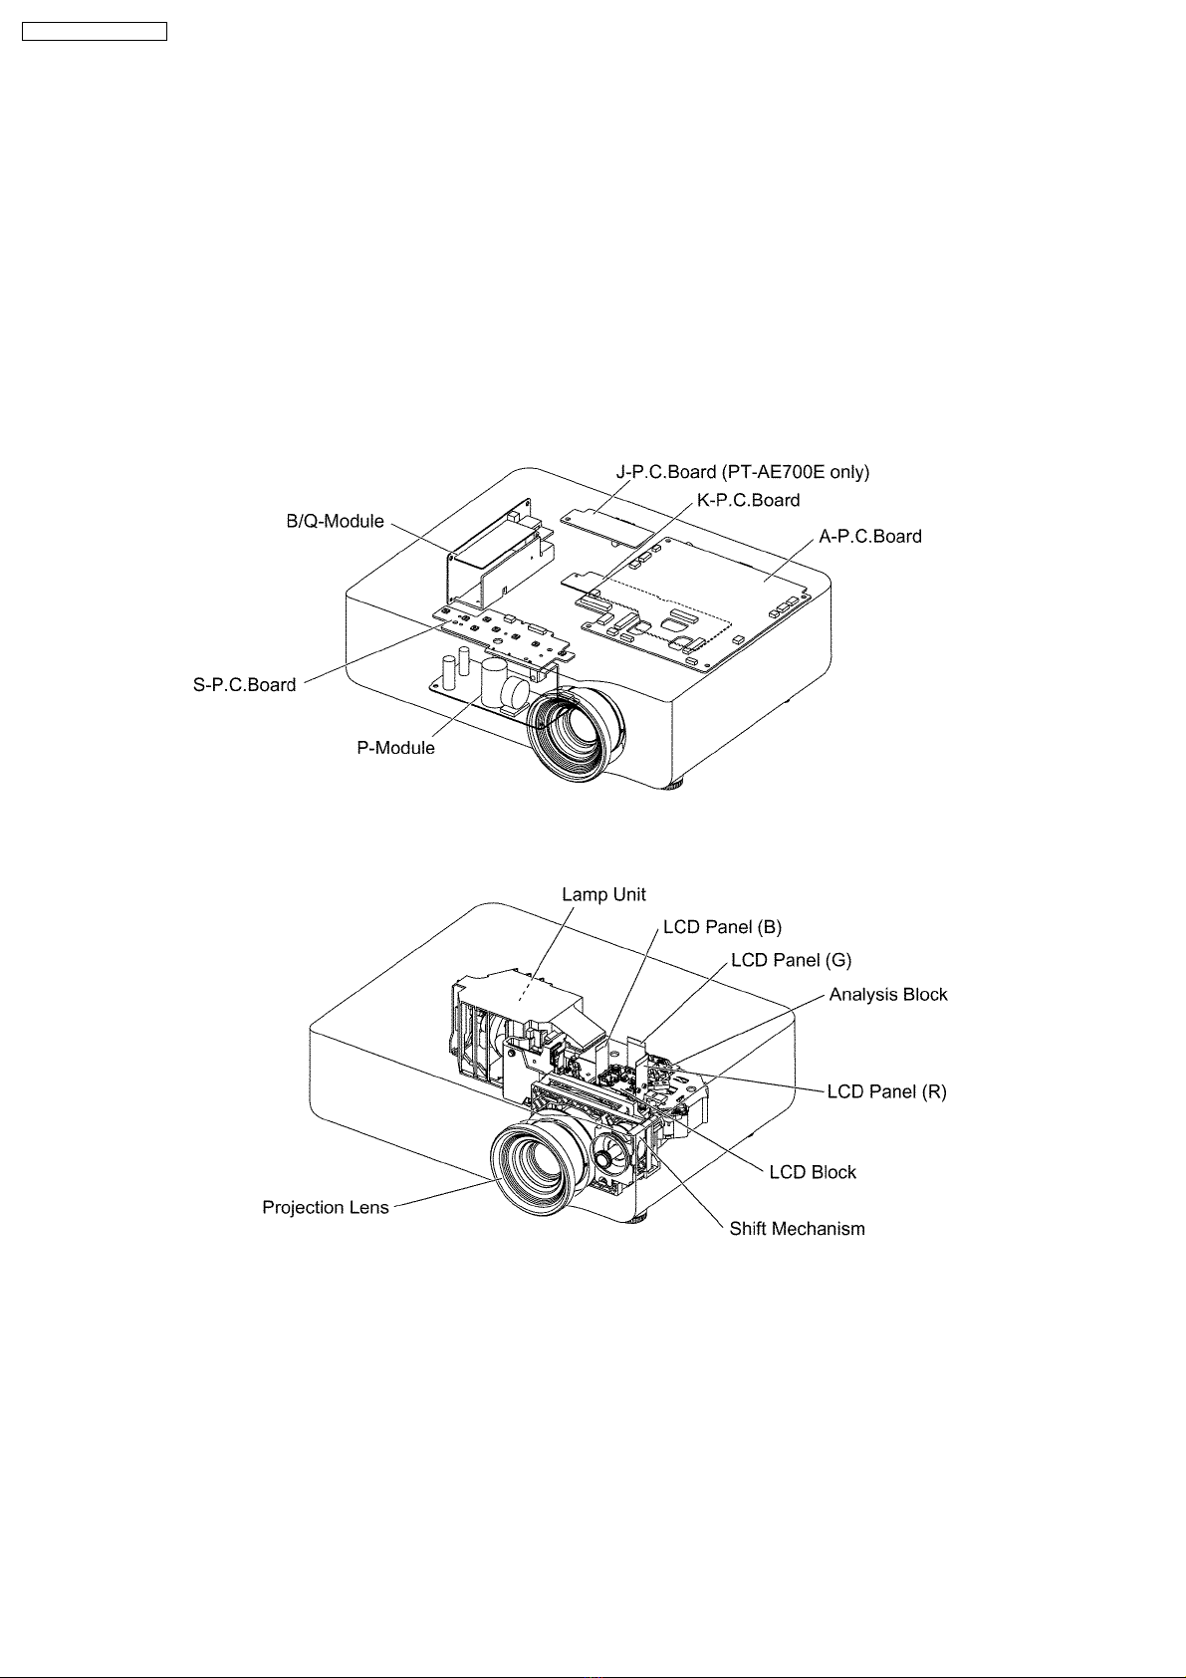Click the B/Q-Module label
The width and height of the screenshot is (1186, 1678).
click(x=335, y=522)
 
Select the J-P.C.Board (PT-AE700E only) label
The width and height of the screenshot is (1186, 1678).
click(x=742, y=472)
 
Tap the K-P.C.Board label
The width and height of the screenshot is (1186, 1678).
click(x=748, y=500)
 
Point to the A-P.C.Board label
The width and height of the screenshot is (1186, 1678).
click(x=869, y=537)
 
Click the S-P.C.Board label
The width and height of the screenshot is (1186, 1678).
click(x=244, y=685)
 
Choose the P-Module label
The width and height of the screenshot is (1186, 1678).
click(x=395, y=748)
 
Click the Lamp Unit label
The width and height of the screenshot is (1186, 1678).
click(x=603, y=895)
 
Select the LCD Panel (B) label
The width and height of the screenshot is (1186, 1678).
click(x=722, y=927)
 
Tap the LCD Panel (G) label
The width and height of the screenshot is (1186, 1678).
click(x=791, y=960)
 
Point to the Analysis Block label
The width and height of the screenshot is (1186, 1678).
click(x=888, y=995)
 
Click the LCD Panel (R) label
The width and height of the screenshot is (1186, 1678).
click(x=887, y=1092)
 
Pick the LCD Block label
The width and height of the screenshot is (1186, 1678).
click(x=813, y=1172)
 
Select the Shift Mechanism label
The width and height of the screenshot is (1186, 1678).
click(x=797, y=1229)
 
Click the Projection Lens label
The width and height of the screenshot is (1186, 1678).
click(x=325, y=1208)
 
